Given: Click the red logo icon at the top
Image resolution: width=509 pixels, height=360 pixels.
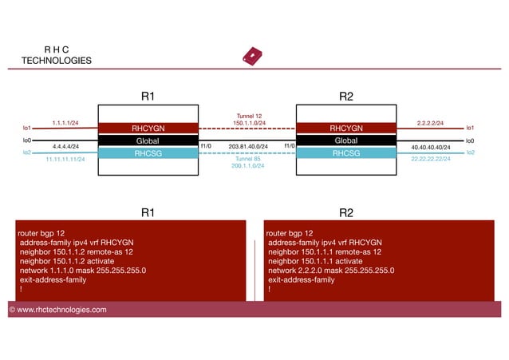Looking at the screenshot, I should pyautogui.click(x=252, y=57).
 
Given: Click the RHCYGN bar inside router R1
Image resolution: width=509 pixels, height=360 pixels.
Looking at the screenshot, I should pyautogui.click(x=148, y=128).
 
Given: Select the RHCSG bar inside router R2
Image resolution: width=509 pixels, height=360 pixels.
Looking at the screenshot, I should pyautogui.click(x=346, y=153).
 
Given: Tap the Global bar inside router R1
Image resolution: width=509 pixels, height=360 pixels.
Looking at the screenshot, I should pyautogui.click(x=148, y=140).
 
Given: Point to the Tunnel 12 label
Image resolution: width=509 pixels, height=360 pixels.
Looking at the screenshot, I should pyautogui.click(x=247, y=116).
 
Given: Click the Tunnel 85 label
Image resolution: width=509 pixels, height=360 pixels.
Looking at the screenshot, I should pyautogui.click(x=247, y=158).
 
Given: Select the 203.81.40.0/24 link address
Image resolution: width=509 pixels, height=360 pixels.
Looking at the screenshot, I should pyautogui.click(x=247, y=147).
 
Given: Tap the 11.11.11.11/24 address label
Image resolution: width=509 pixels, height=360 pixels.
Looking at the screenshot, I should pyautogui.click(x=65, y=159).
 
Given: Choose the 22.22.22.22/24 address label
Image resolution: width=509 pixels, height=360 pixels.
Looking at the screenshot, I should pyautogui.click(x=431, y=159).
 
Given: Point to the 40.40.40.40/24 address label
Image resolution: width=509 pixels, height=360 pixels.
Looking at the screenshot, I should pyautogui.click(x=431, y=148).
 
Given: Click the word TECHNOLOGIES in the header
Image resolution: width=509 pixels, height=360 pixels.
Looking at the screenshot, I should pyautogui.click(x=57, y=61).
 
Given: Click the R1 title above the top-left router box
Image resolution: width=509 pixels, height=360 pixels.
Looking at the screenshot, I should pyautogui.click(x=148, y=97).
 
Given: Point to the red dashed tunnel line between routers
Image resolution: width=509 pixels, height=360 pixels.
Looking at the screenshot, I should pyautogui.click(x=247, y=129).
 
